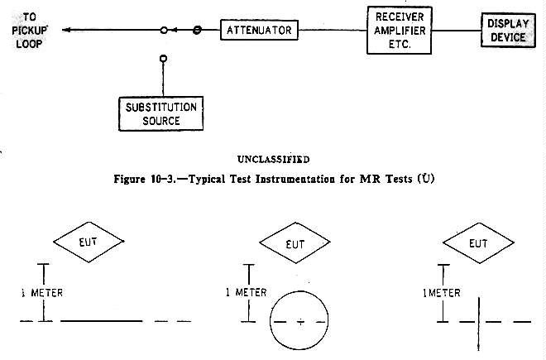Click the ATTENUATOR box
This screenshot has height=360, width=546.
pos(258,31)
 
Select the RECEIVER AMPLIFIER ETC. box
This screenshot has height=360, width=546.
pos(400,31)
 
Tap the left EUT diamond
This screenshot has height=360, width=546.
pos(89,243)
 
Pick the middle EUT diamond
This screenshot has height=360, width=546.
pos(295,243)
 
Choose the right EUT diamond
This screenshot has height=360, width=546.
pos(478,243)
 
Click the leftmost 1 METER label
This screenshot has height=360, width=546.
pos(40,293)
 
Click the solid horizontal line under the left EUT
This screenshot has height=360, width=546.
pos(101,320)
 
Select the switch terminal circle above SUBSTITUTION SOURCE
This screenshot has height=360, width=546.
pos(164,58)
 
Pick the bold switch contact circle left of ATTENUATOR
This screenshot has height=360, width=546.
pos(197,31)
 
